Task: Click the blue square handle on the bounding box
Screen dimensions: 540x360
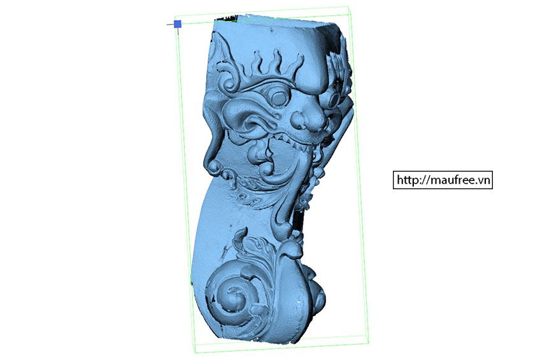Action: [178, 24]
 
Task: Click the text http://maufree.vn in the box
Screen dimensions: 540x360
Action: [443, 180]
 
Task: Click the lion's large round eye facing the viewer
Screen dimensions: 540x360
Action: [279, 99]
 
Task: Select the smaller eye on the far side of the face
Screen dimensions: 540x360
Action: [334, 99]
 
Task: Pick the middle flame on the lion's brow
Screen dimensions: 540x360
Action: [276, 61]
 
